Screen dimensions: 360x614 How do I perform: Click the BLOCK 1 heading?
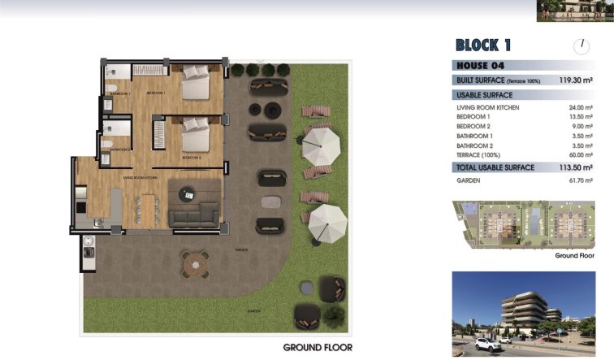(483, 46)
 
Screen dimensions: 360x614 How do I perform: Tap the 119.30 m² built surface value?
(577, 80)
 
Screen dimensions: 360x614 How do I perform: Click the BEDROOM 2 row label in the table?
(473, 127)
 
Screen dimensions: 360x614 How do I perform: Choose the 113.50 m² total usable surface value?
(577, 168)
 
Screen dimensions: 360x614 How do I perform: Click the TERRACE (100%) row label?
(478, 155)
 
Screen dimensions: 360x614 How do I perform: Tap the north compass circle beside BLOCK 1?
(581, 46)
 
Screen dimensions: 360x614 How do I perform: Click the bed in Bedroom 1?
(196, 82)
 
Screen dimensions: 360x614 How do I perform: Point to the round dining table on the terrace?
(195, 264)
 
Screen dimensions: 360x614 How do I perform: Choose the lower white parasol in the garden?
(328, 220)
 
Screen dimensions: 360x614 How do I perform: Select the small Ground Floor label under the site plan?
(575, 255)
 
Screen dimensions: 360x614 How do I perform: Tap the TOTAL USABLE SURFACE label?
(495, 168)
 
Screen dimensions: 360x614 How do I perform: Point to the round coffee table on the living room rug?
(188, 194)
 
